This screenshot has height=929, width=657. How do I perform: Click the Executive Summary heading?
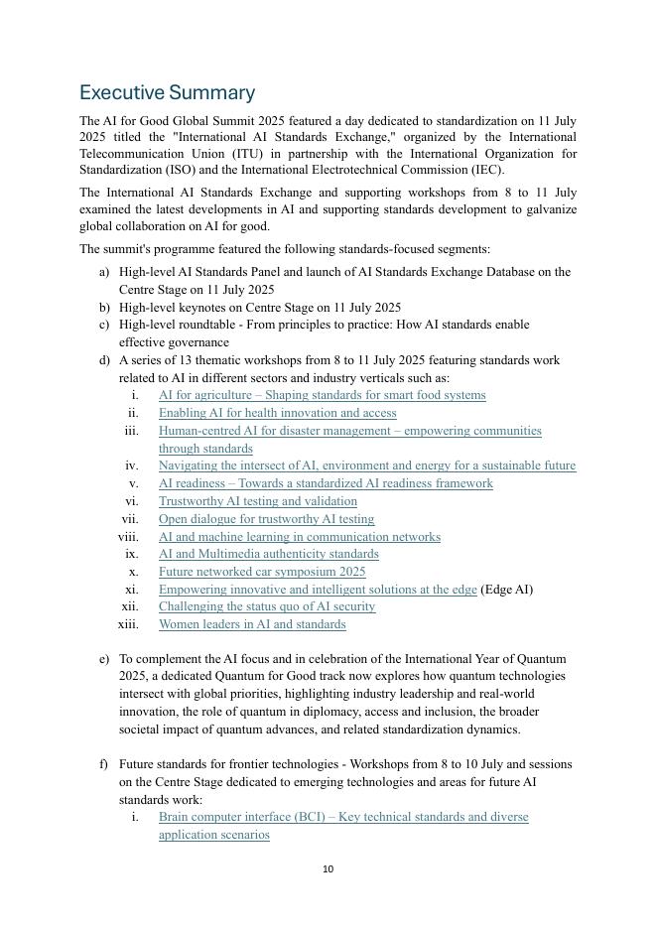(x=167, y=93)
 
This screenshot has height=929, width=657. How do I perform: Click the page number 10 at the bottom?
(x=328, y=869)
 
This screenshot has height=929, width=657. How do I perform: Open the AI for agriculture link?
(x=322, y=395)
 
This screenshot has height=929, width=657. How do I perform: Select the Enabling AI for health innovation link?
(x=277, y=413)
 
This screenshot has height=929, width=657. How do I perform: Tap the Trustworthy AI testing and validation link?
(x=257, y=501)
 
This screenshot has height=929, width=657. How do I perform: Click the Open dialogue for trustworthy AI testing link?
(x=266, y=519)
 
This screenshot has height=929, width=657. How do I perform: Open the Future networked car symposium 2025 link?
(x=262, y=572)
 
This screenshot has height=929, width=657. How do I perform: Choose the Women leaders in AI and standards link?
(x=252, y=624)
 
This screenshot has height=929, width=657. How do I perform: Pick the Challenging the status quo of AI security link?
(x=267, y=606)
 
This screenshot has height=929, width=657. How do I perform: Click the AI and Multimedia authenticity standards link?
(x=268, y=554)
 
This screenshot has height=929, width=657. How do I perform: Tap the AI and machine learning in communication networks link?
(x=299, y=537)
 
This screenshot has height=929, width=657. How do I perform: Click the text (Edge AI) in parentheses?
(x=506, y=590)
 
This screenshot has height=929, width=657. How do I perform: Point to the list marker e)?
(x=104, y=659)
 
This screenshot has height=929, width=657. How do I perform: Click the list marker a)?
(x=104, y=272)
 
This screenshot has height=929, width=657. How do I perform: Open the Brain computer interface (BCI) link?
(x=343, y=817)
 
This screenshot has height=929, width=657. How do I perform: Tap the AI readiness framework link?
(x=326, y=483)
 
